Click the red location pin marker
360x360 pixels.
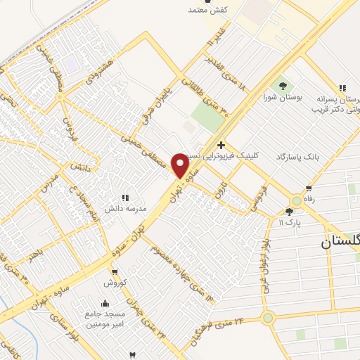pyautogui.click(x=180, y=165)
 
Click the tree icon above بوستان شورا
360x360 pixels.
pyautogui.click(x=283, y=86)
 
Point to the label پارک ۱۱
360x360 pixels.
pyautogui.click(x=290, y=223)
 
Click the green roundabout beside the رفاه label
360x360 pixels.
pyautogui.click(x=297, y=201)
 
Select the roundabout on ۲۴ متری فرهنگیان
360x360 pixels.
pyautogui.click(x=268, y=318)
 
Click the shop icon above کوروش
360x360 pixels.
pyautogui.click(x=114, y=272)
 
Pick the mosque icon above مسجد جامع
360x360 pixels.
pyautogui.click(x=105, y=304)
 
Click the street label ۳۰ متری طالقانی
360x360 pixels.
pyautogui.click(x=216, y=99)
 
